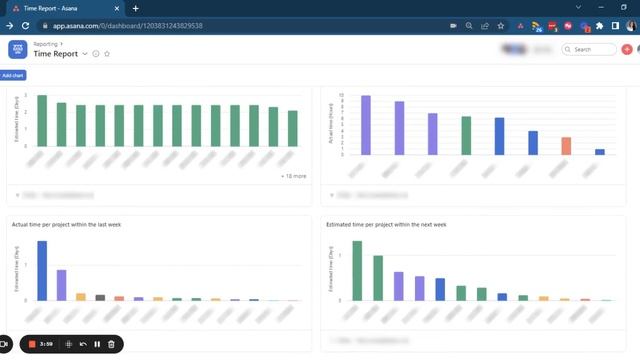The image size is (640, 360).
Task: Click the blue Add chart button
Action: click(x=14, y=75)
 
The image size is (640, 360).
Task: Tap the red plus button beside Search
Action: click(x=626, y=49)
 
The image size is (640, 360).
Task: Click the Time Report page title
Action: click(x=57, y=54)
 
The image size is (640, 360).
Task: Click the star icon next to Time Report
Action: click(x=107, y=54)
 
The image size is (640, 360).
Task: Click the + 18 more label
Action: click(x=293, y=175)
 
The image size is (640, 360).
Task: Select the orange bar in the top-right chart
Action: click(x=566, y=146)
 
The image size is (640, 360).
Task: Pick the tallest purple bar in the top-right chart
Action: click(x=366, y=125)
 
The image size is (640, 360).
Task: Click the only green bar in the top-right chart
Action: click(x=466, y=135)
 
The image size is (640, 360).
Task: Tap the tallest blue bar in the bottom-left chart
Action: click(x=42, y=271)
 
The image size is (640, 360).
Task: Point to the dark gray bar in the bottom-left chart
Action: click(x=100, y=297)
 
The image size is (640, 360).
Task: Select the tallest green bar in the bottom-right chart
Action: click(x=357, y=271)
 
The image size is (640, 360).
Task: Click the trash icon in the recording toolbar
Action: click(x=111, y=344)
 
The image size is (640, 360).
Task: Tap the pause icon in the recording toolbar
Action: click(x=97, y=344)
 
